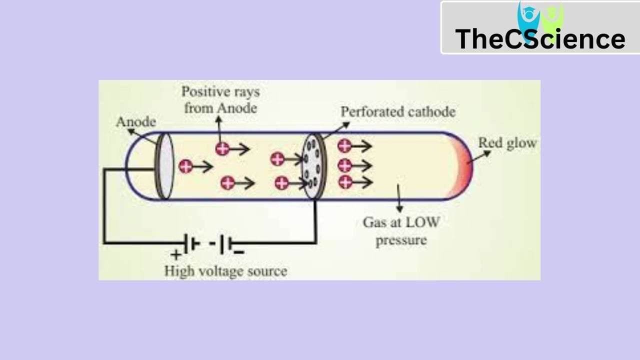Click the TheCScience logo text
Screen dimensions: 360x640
[x=540, y=39]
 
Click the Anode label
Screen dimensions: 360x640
[x=135, y=121]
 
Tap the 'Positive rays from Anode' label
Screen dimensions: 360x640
[x=220, y=99]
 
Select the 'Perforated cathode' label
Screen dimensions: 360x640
[x=398, y=111]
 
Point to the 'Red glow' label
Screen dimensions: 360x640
[x=507, y=142]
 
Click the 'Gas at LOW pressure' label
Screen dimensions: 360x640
[x=401, y=230]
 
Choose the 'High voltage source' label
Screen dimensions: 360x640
[x=226, y=271]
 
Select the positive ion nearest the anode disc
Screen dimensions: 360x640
[x=186, y=166]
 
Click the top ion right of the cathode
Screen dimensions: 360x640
[x=344, y=146]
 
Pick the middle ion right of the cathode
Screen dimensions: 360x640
[x=344, y=164]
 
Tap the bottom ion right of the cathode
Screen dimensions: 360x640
[x=344, y=181]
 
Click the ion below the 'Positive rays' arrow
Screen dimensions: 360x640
[x=222, y=148]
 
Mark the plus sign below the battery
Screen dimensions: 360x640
[x=176, y=254]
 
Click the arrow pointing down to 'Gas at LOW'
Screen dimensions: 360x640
[x=399, y=199]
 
